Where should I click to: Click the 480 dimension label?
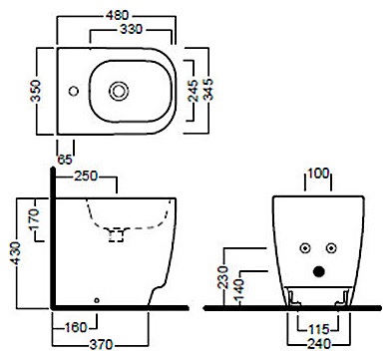pos(117,15)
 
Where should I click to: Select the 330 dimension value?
pos(131,29)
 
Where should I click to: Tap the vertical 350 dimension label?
pos(35,91)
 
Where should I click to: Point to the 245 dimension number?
pos(193,91)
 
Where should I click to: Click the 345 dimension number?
pos(208,90)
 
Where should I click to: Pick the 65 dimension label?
pos(65,160)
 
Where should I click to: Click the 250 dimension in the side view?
pos(86,176)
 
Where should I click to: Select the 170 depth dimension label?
pos(34,220)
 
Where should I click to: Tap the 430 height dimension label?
pos(15,253)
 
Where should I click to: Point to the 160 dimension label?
pos(76,327)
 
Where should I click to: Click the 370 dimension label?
pos(102,344)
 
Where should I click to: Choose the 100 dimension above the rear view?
pos(318,174)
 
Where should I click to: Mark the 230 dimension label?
pos(223,277)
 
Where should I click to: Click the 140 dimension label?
pos(238,289)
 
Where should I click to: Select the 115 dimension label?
pos(319,329)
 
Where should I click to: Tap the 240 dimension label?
pos(319,344)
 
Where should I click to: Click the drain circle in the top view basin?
pos(119,91)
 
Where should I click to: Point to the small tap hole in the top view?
pos(74,91)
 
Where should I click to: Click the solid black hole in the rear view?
pos(319,271)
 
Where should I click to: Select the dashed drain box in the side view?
pos(117,234)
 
